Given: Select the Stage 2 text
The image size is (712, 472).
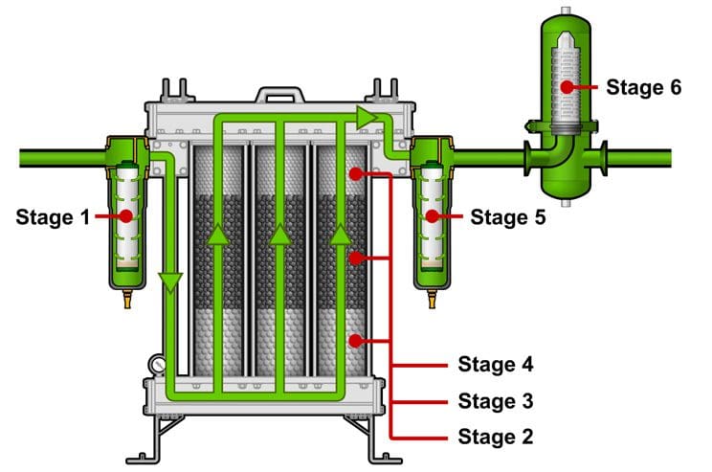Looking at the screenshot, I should click(x=495, y=436).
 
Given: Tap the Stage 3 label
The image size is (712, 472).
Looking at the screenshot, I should click(x=495, y=400).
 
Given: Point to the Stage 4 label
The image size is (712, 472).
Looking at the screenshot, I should click(x=495, y=365).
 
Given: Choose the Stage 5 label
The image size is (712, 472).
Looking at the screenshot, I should click(x=507, y=217).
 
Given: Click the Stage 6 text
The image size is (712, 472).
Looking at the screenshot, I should click(x=644, y=87).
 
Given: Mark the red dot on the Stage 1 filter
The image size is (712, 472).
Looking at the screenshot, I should click(x=124, y=217).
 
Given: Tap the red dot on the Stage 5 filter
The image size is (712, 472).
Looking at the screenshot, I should click(x=432, y=217).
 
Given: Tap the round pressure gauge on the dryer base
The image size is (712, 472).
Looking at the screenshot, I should click(x=156, y=364).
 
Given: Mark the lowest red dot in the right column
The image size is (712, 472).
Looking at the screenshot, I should click(x=356, y=340).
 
